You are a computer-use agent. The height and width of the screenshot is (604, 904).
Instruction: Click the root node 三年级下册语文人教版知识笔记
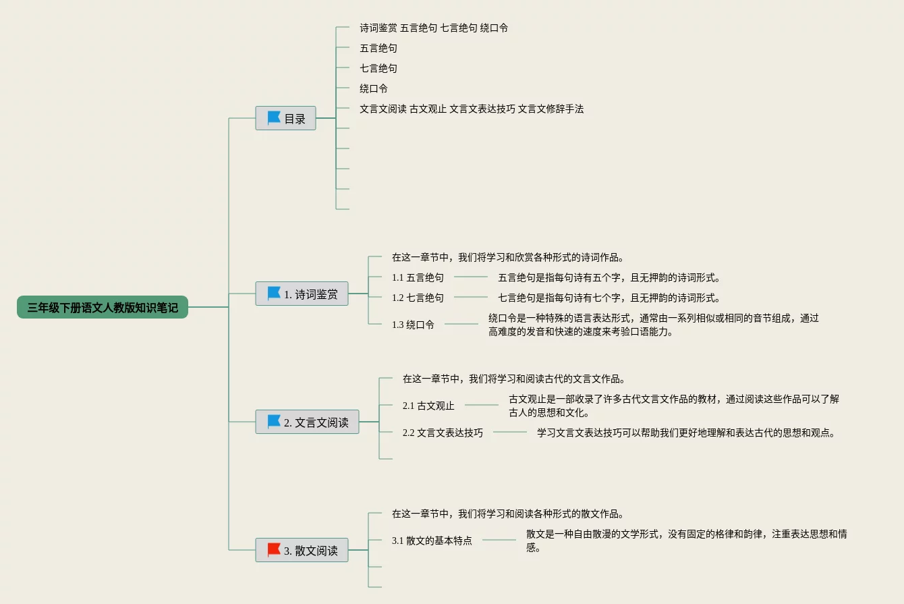coord(103,307)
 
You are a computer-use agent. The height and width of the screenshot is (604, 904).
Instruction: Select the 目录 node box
coord(285,118)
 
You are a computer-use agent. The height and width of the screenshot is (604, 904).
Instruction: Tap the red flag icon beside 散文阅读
coord(274,550)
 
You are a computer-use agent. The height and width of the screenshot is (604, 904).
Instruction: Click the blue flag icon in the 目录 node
coord(274,118)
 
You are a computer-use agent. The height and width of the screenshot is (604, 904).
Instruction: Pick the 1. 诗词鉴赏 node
coord(302,294)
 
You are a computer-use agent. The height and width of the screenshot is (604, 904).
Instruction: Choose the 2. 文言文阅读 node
coord(307,422)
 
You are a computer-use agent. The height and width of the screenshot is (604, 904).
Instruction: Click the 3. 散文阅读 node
coord(302,550)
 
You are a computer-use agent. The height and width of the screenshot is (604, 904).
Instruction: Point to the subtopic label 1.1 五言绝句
coord(418,277)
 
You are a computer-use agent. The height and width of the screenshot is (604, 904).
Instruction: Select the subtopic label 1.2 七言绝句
coord(418,298)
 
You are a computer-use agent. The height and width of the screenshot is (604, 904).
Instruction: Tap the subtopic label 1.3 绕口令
coord(413,325)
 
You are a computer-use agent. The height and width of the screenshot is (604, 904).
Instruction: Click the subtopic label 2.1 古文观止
coord(428,406)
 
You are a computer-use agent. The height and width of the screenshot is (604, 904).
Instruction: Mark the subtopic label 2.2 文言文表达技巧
coord(443,433)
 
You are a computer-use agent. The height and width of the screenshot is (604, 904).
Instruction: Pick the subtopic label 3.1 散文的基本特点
coord(432,541)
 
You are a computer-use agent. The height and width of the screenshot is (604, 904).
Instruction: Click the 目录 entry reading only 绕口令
coord(374,88)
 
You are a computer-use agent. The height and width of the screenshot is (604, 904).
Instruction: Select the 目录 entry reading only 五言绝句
coord(378,48)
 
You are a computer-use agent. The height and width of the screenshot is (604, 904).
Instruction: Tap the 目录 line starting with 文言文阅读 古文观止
coord(472,109)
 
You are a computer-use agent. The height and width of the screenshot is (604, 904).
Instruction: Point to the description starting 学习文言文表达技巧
coord(686,433)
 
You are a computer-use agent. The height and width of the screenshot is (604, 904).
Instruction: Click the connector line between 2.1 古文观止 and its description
coord(482,405)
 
